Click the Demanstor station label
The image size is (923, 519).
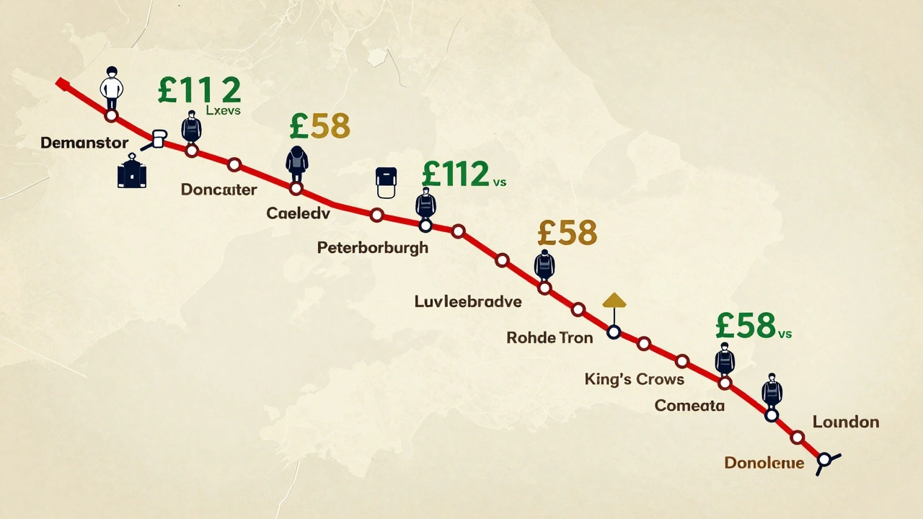(x=84, y=143)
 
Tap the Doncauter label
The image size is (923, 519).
(x=218, y=190)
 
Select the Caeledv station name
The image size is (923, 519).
(x=298, y=213)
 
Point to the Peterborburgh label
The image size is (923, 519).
(x=372, y=248)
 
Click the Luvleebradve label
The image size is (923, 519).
(x=467, y=301)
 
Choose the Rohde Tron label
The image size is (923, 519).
(x=549, y=337)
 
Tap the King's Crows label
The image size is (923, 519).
(x=635, y=378)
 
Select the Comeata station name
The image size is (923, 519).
(x=689, y=406)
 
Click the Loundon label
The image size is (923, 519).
(x=845, y=422)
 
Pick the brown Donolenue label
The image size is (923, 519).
(x=764, y=463)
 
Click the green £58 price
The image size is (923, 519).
(x=746, y=327)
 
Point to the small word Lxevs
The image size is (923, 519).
(x=223, y=111)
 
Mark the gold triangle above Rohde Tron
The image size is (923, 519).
(x=614, y=300)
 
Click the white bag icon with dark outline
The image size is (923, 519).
(x=388, y=182)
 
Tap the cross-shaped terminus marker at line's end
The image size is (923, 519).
(x=824, y=460)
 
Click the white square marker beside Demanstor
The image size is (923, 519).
(x=158, y=139)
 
